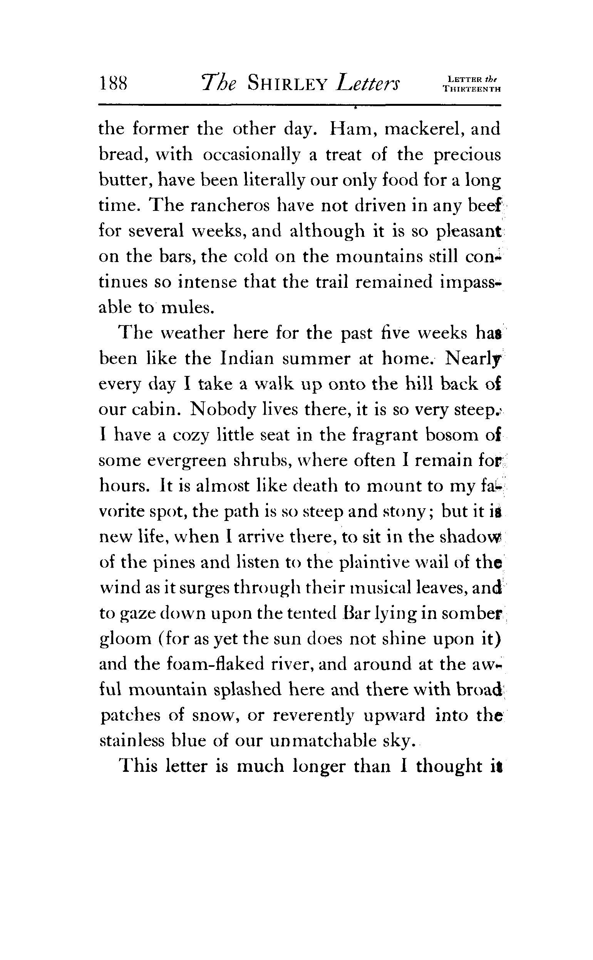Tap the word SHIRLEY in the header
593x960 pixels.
pos(288,83)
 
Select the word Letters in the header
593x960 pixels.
pos(368,83)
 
